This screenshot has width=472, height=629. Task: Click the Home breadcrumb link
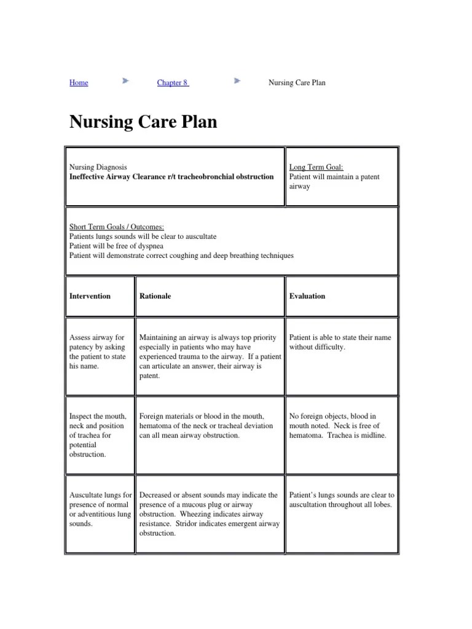click(79, 83)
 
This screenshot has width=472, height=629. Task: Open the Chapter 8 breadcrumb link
click(173, 83)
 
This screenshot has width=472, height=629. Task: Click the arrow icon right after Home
click(125, 81)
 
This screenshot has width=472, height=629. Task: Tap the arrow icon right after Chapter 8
click(238, 81)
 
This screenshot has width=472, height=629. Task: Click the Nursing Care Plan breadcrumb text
click(297, 83)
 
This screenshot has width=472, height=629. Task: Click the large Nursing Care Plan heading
click(143, 122)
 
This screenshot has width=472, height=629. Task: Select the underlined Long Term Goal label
click(316, 167)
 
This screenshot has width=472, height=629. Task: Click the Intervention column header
click(90, 296)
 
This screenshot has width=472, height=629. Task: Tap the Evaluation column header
click(307, 296)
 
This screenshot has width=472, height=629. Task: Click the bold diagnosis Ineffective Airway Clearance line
click(171, 177)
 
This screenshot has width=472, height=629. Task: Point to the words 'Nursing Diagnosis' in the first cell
click(98, 167)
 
